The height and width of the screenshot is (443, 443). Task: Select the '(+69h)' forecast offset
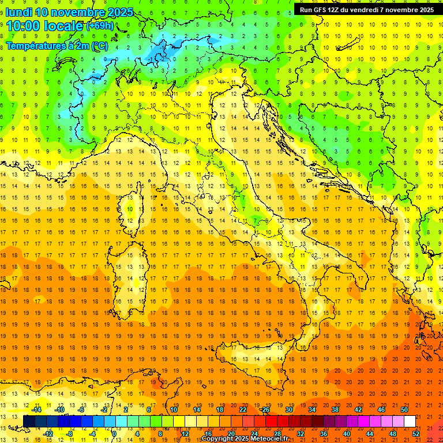click(x=100, y=26)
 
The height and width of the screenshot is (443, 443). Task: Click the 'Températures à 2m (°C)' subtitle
click(x=57, y=46)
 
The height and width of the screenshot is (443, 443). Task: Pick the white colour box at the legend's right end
click(x=410, y=422)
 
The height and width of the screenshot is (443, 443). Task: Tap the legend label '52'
click(x=416, y=434)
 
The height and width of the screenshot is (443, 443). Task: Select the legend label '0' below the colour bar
click(x=114, y=434)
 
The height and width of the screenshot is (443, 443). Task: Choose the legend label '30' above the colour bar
click(x=288, y=410)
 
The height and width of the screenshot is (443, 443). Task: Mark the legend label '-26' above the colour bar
click(x=265, y=410)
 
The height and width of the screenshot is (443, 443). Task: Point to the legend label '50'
click(x=404, y=410)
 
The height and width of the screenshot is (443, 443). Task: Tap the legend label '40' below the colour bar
click(x=347, y=434)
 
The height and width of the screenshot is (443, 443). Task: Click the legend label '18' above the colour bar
click(x=219, y=410)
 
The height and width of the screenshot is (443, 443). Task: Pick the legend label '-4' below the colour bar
click(x=92, y=434)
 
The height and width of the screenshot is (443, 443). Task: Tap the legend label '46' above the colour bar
click(x=381, y=410)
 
